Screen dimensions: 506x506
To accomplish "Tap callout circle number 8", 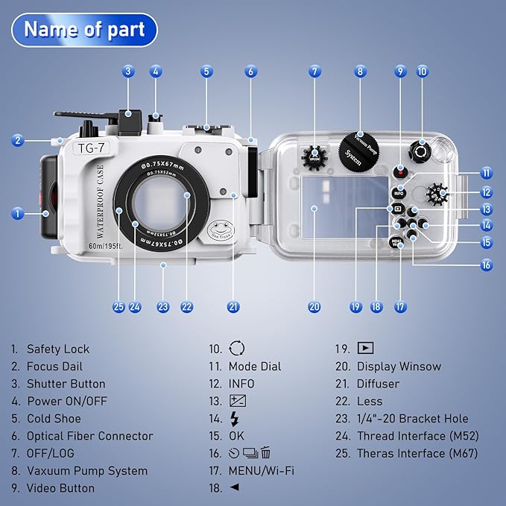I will point(361,72).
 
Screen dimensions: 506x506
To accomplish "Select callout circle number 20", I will point(314,306).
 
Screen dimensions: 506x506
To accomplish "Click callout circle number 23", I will point(163,306).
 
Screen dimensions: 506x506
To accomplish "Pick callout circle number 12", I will point(487,192).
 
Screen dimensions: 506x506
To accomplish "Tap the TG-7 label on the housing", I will point(95,148).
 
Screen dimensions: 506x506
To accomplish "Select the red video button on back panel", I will point(400,171).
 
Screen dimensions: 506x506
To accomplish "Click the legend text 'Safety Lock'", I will point(57,349).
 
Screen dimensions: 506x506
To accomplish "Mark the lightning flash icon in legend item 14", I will point(235,419).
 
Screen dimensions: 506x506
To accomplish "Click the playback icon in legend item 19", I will point(364,348).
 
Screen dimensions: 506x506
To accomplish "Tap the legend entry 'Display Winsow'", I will point(399,367).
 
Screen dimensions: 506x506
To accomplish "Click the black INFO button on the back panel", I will point(399,192).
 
